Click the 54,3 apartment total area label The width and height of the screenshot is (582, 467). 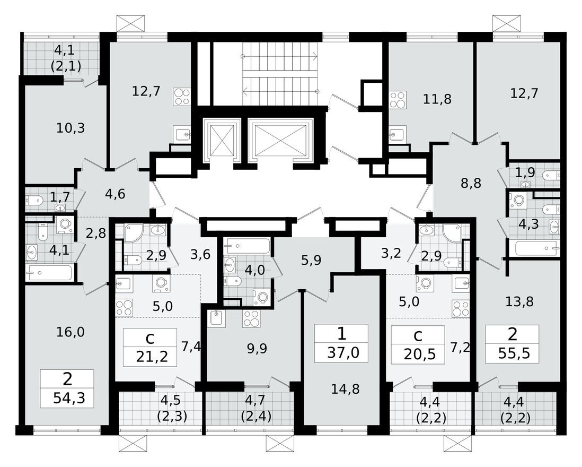(67, 397)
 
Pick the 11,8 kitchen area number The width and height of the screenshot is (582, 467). (437, 98)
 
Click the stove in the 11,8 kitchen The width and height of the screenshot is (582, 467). (397, 99)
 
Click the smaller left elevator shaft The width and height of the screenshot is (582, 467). (219, 140)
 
